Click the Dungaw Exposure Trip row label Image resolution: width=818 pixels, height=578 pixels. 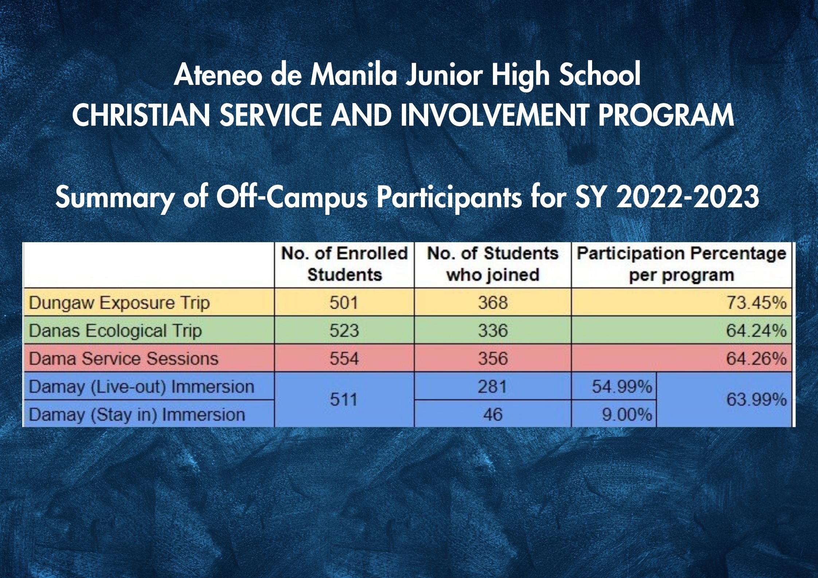120,303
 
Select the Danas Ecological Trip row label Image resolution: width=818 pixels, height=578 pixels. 115,331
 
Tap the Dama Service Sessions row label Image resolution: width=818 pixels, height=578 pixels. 124,358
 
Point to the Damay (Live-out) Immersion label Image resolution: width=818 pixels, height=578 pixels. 141,386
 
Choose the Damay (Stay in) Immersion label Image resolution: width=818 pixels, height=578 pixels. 137,414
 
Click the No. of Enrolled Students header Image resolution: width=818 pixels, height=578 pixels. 344,264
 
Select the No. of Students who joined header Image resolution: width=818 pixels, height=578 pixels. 493,264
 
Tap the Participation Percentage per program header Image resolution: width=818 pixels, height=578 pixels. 681,264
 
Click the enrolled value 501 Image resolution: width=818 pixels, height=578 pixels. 344,303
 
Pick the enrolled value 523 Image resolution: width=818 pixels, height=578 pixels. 344,331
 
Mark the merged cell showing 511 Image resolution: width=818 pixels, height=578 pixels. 344,400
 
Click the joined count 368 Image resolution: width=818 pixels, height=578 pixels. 493,303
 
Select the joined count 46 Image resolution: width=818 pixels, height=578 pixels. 493,414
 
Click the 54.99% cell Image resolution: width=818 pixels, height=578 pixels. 622,386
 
